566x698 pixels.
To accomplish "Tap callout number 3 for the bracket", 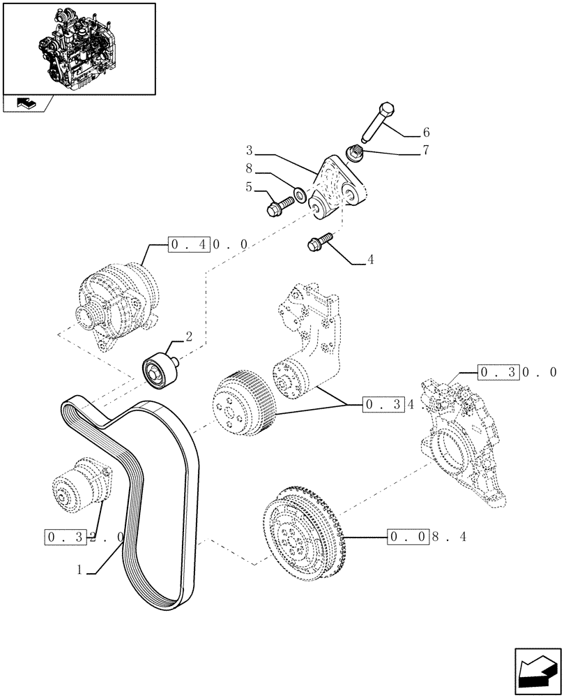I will tap(249, 149).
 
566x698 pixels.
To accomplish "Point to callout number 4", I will tap(370, 260).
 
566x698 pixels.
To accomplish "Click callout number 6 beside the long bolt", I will tap(425, 132).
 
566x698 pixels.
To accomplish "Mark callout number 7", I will tap(425, 150).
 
